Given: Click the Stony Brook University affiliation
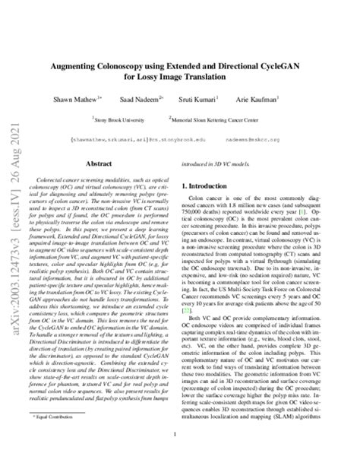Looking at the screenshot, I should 120,119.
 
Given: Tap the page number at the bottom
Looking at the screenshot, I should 180,435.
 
